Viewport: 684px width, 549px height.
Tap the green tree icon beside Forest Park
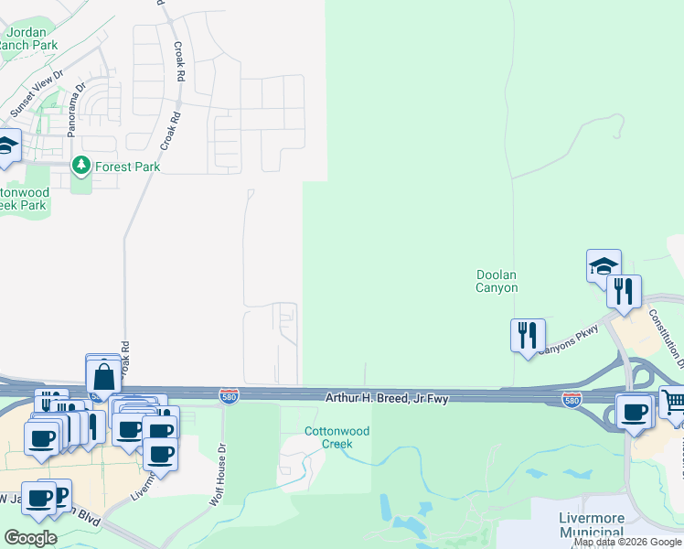(81, 166)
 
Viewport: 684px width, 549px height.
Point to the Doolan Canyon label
(497, 281)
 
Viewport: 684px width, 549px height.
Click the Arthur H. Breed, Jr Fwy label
(388, 398)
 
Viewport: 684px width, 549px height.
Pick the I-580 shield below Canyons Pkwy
(572, 401)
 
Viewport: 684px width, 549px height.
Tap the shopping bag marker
(104, 373)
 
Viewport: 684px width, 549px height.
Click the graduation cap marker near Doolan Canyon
(604, 266)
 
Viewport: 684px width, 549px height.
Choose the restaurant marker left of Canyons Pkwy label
(528, 335)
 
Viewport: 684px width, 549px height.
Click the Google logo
(30, 538)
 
